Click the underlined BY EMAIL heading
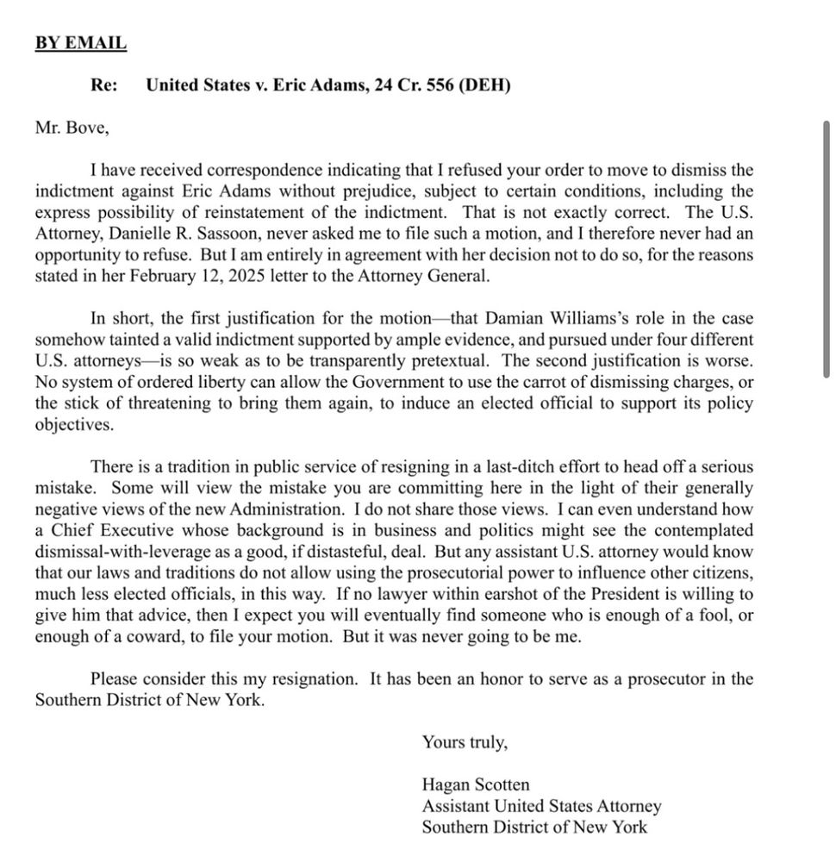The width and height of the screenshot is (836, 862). [80, 42]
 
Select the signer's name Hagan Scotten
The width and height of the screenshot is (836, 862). [476, 784]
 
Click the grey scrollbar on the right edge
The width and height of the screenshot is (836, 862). [827, 250]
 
